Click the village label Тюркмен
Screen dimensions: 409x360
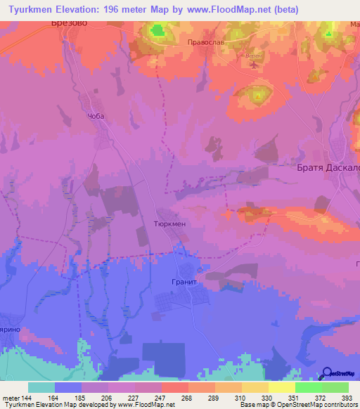169,221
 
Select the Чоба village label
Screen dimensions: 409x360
96,117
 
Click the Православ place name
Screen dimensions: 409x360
207,42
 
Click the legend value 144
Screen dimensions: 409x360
26,398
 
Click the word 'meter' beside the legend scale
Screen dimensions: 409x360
10,398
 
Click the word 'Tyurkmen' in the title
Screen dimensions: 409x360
32,10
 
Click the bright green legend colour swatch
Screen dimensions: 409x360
308,387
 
